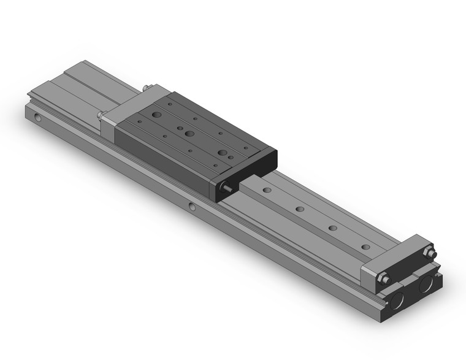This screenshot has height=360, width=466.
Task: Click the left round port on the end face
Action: point(397,301)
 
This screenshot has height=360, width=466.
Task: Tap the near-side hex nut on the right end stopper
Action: point(384,279)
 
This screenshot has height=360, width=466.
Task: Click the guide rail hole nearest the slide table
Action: point(267,190)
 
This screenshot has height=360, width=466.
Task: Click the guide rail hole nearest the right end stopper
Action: point(365,247)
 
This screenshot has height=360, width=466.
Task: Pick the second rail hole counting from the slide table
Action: point(300,209)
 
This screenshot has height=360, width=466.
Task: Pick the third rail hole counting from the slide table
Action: point(333,228)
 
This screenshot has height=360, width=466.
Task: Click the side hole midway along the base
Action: point(193,207)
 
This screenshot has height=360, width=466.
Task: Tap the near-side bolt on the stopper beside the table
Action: point(101,115)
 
